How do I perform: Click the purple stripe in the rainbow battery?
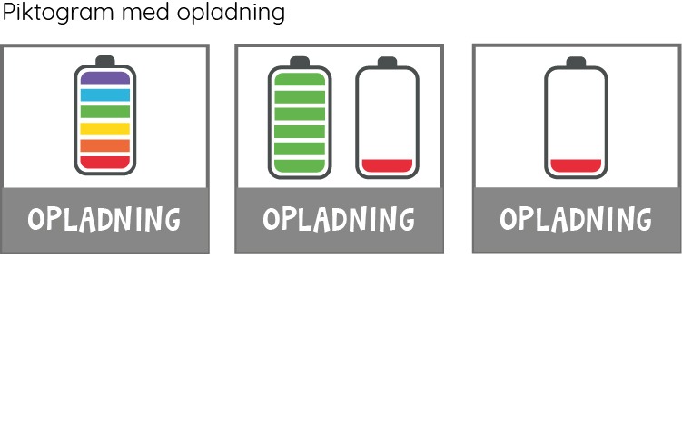point(105,78)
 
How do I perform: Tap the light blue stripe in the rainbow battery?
point(105,95)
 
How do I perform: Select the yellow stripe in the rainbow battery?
point(105,129)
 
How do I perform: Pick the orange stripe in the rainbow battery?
point(105,145)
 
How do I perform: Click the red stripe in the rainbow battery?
point(105,163)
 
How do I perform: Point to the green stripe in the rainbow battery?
point(105,112)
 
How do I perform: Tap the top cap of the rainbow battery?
point(105,61)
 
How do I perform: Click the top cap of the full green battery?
point(300,62)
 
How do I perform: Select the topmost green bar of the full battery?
point(300,79)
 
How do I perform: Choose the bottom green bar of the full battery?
point(300,166)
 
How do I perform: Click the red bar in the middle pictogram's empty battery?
point(387,166)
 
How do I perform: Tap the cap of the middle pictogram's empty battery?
point(387,62)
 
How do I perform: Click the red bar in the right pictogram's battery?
point(576,166)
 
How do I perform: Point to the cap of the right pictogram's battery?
point(576,62)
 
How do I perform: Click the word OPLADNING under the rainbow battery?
point(104,219)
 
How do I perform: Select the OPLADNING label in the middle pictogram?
point(339,219)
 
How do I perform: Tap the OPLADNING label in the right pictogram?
point(576,219)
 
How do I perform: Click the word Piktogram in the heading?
point(58,13)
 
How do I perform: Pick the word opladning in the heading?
point(231,13)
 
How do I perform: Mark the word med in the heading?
point(145,12)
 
